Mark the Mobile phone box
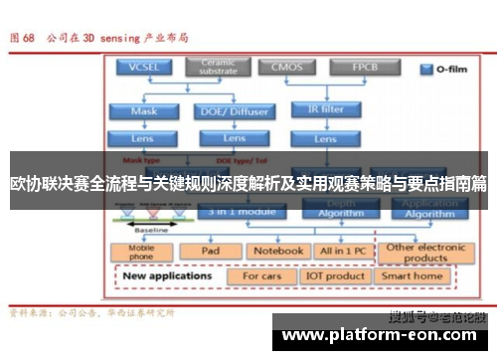(x=143, y=253)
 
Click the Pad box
(x=211, y=252)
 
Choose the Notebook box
(x=278, y=252)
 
